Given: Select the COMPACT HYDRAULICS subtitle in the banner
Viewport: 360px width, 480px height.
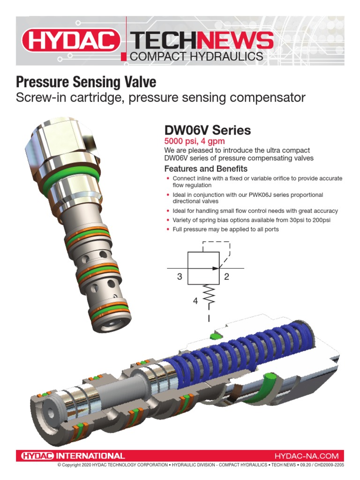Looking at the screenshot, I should click(x=195, y=57).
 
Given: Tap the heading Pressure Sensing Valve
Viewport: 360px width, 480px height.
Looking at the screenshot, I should click(x=86, y=82).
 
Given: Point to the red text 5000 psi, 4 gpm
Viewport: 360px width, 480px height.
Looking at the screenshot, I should click(x=194, y=141).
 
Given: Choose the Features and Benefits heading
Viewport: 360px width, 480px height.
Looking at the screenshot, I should click(x=206, y=169).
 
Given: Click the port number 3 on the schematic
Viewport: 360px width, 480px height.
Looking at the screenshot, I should click(x=179, y=277).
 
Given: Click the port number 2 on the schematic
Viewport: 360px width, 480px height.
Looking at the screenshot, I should click(x=226, y=277).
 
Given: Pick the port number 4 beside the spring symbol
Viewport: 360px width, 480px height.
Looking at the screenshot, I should click(x=195, y=301).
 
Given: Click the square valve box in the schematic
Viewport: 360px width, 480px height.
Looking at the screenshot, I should click(x=204, y=268).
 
